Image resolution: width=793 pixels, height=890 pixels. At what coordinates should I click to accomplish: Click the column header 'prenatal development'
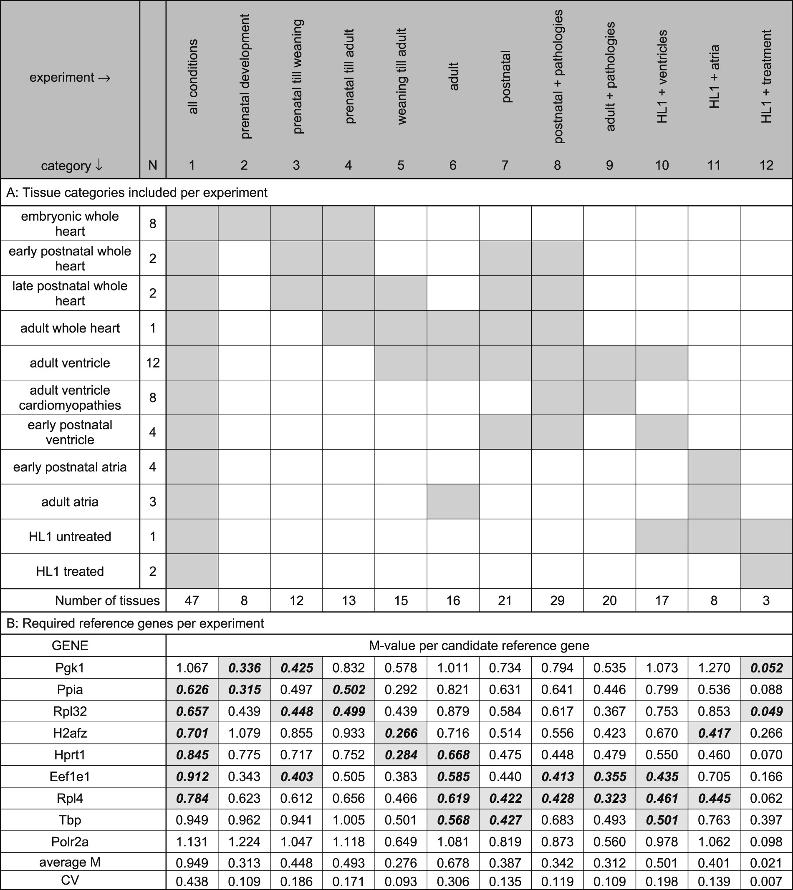245,77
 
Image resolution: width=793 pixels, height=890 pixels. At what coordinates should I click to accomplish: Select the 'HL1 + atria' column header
714,77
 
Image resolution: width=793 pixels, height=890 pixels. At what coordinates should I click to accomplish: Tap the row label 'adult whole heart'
70,328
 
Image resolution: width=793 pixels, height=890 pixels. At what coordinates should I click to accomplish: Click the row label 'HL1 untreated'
70,536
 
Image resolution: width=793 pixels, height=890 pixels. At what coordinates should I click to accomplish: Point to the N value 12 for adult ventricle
152,363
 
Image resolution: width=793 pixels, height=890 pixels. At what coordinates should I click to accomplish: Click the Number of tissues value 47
192,601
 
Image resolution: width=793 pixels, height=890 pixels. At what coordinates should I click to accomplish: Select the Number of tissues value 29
557,601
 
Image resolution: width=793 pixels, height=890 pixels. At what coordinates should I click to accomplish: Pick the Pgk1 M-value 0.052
766,668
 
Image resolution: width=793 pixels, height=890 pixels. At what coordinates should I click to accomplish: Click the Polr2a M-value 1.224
244,842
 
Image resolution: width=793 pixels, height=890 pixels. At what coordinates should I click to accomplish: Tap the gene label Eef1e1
70,777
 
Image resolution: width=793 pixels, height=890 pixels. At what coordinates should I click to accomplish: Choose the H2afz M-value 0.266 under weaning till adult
401,733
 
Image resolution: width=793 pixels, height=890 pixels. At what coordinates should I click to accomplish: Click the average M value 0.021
766,862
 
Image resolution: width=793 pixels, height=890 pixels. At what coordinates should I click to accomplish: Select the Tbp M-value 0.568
453,820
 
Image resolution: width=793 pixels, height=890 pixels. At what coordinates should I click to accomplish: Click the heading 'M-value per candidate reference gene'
479,645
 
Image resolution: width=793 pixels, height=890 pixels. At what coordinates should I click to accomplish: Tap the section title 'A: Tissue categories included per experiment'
137,192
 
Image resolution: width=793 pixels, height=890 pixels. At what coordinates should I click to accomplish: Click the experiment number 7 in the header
505,165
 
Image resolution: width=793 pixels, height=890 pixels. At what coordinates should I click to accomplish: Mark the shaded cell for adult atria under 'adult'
453,502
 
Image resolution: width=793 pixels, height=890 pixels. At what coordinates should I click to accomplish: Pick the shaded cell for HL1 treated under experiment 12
766,571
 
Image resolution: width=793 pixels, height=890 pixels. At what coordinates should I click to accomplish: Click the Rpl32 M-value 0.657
192,711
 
